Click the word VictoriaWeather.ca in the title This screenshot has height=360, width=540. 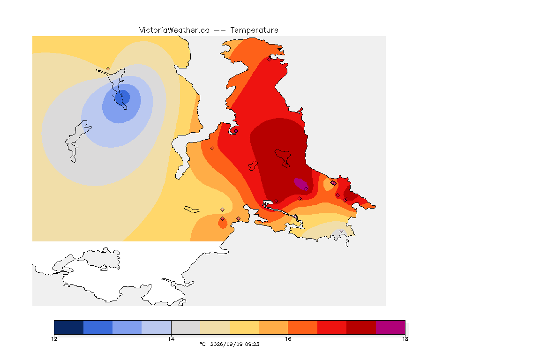coord(174,30)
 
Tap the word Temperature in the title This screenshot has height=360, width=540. coord(254,30)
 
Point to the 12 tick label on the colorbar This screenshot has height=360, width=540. coord(54,339)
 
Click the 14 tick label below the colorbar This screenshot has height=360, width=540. coord(171,339)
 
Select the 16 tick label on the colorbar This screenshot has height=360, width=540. coord(288,339)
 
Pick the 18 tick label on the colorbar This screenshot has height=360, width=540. coord(405,339)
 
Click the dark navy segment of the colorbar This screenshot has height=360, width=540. coord(69,327)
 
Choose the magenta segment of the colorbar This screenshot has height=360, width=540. coord(390,327)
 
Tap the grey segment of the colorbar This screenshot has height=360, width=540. coord(186,327)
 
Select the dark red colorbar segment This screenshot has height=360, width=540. coord(361,327)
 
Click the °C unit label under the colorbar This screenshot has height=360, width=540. coord(202,344)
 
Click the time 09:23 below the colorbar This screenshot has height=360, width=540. coord(252,344)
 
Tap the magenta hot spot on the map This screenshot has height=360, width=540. coord(300,183)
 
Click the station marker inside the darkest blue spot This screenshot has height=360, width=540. coord(122,95)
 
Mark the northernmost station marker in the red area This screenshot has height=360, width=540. coord(270,59)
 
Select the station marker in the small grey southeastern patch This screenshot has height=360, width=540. coord(341,231)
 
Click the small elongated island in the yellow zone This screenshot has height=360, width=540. coord(192,210)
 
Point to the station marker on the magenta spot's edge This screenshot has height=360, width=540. coord(306,188)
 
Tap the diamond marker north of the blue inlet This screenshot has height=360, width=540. coord(108,69)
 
